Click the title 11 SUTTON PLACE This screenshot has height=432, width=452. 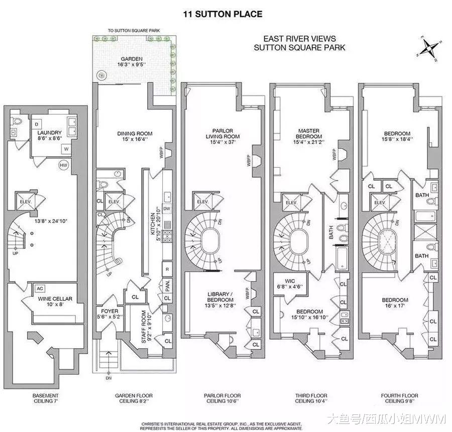223,14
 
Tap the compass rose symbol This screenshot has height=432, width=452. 429,48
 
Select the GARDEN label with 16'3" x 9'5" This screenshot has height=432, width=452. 132,62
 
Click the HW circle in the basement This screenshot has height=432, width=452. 63,165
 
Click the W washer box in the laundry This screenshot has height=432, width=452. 66,149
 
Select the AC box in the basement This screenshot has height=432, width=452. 40,289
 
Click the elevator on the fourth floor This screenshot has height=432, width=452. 380,202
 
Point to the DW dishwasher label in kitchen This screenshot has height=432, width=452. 167,208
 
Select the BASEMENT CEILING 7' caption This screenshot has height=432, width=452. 46,398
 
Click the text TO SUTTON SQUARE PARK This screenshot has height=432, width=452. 134,30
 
